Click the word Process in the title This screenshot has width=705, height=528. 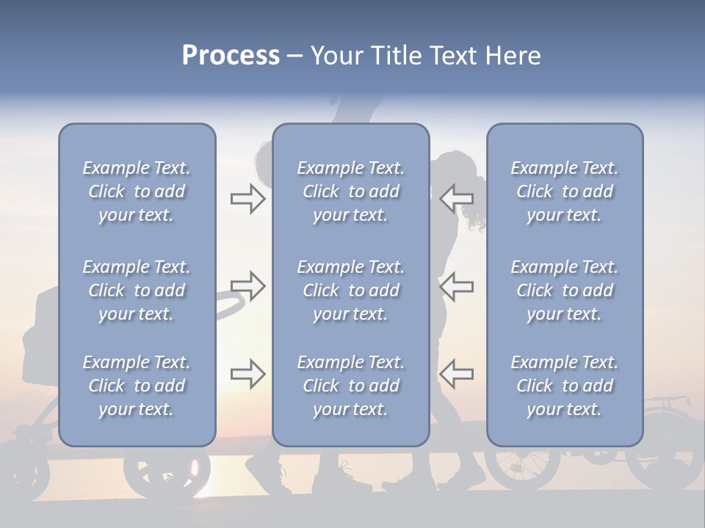click(x=231, y=56)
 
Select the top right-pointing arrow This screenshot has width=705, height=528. click(x=248, y=198)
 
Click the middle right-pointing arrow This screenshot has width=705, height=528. click(x=248, y=286)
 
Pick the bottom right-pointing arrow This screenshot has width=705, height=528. click(x=248, y=374)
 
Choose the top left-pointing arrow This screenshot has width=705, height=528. click(x=456, y=198)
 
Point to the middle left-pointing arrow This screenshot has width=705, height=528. click(x=456, y=286)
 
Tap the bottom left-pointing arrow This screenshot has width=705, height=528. click(x=456, y=374)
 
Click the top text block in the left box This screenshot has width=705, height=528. click(x=137, y=191)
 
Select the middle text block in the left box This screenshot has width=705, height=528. click(x=137, y=290)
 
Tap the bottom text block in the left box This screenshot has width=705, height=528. click(x=137, y=386)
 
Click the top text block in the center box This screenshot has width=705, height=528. click(x=351, y=191)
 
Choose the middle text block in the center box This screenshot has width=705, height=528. click(x=351, y=290)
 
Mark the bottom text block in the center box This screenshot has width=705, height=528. click(x=351, y=386)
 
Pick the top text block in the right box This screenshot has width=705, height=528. click(x=565, y=191)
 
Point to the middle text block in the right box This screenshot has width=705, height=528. click(x=565, y=290)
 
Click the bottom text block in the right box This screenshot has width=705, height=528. click(x=565, y=386)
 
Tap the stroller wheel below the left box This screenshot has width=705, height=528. click(x=156, y=473)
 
